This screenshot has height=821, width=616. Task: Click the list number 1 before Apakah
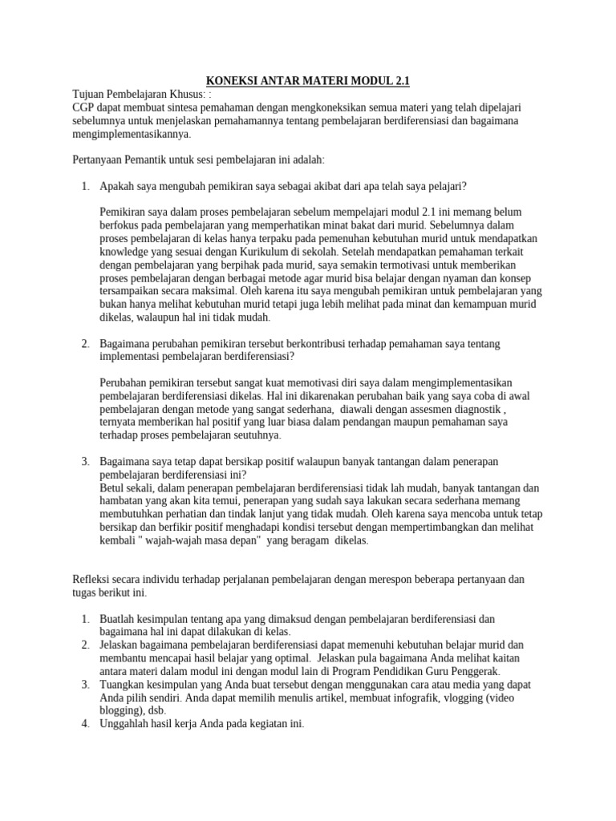(x=85, y=186)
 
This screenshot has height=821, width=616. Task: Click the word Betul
(x=115, y=487)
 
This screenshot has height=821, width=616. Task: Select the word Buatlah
(x=120, y=618)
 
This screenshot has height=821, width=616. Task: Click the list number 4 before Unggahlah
(x=85, y=723)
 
